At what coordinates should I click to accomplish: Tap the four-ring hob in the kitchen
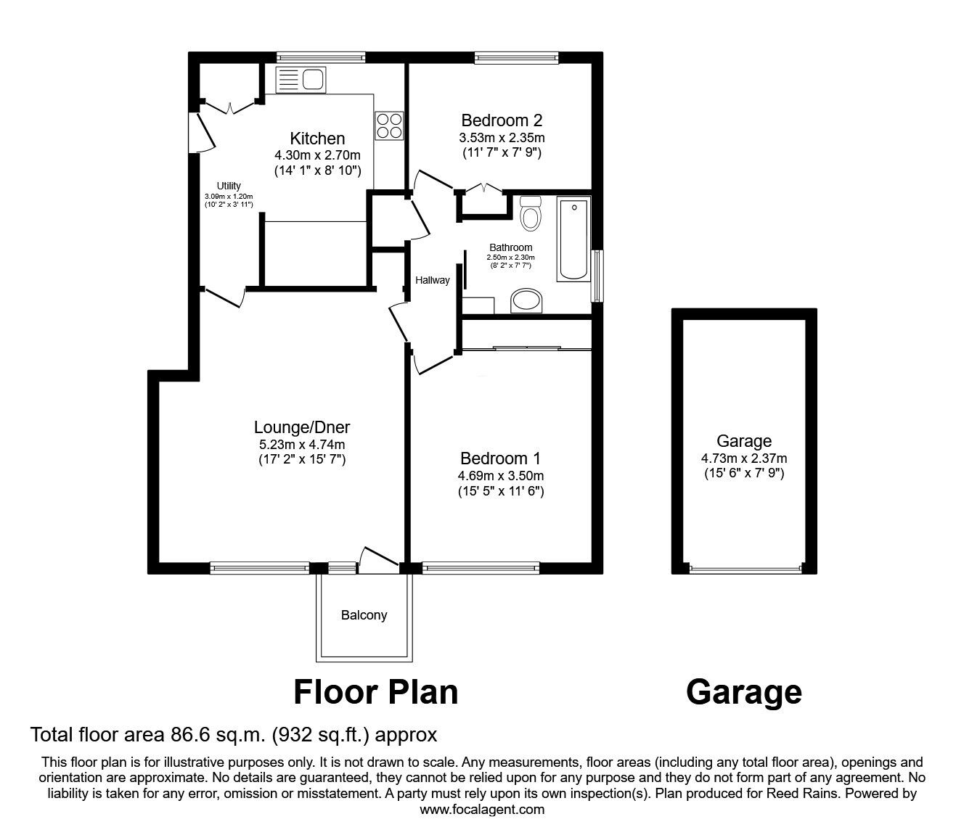click(389, 125)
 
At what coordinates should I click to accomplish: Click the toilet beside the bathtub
click(531, 213)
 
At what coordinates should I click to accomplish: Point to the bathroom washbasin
click(526, 301)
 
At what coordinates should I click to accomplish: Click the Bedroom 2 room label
click(502, 120)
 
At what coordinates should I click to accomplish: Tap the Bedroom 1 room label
click(500, 458)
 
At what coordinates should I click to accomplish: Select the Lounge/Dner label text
click(302, 427)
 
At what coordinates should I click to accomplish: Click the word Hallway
click(432, 280)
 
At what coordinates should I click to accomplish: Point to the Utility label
click(229, 186)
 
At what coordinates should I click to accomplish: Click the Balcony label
click(364, 615)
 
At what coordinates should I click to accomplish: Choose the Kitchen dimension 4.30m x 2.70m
click(317, 155)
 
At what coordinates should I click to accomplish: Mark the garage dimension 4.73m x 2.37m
click(743, 458)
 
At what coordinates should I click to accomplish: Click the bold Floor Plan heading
click(375, 692)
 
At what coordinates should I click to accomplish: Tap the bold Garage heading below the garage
click(743, 692)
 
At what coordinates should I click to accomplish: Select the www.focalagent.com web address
click(482, 810)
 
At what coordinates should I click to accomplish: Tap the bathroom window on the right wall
click(597, 276)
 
